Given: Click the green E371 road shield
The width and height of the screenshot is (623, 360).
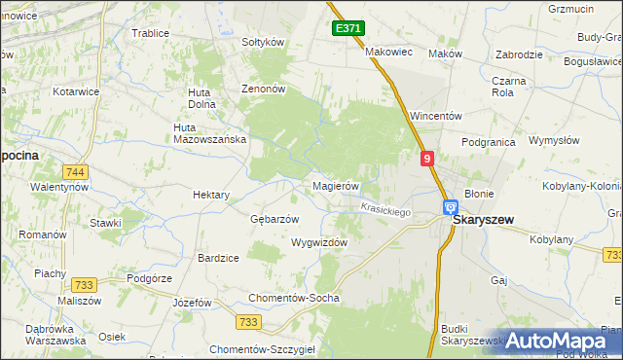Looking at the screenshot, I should (348, 29).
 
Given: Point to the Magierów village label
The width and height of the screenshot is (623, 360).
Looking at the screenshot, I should (336, 186).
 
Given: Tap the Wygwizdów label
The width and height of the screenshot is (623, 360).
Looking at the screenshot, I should (319, 243).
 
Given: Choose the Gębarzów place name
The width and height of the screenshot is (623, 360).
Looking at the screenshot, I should (275, 219).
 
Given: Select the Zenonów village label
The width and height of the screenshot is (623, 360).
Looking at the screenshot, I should (263, 89).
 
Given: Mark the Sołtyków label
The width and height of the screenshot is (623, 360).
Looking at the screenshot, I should (262, 43).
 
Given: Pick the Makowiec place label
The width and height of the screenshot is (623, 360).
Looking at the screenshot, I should (389, 52).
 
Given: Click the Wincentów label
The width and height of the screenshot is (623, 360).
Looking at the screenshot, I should (435, 116).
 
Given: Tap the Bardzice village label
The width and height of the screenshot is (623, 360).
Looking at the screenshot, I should (218, 258).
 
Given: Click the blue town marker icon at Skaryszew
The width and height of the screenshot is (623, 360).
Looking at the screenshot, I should (451, 207).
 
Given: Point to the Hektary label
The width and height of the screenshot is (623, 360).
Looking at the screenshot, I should (211, 195).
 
